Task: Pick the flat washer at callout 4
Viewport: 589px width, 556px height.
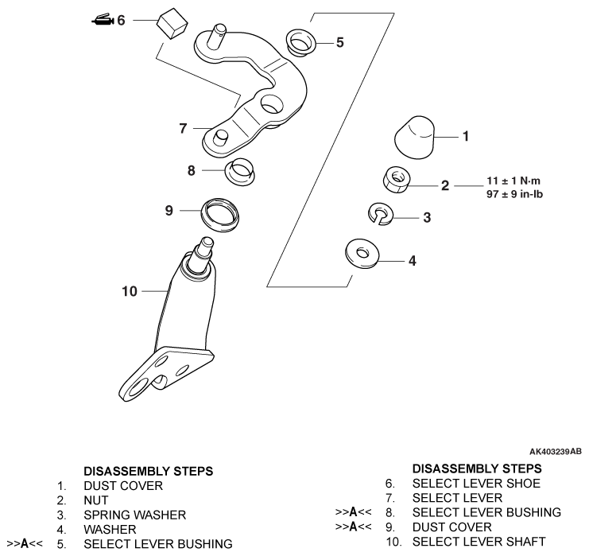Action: pyautogui.click(x=362, y=254)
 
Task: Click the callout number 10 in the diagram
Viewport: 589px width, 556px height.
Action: pyautogui.click(x=130, y=292)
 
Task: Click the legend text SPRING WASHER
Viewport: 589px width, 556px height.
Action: pyautogui.click(x=134, y=515)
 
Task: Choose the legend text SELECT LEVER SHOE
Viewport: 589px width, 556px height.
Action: pyautogui.click(x=475, y=484)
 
